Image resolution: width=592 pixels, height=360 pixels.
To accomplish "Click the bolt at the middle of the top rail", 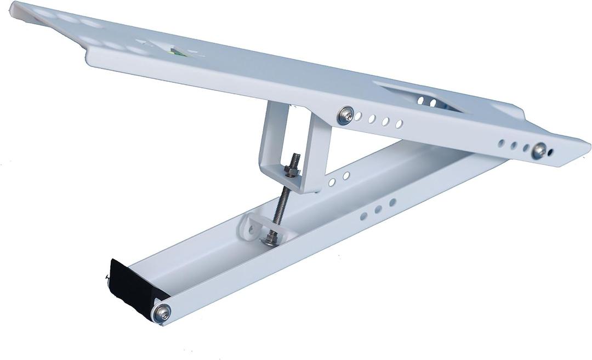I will click(345, 115).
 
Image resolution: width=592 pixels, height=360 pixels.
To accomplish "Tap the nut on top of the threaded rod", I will click(292, 170).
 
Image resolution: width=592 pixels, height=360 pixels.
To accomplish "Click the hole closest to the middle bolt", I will click(358, 117).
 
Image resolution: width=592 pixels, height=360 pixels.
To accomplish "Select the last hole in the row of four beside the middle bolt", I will click(399, 124).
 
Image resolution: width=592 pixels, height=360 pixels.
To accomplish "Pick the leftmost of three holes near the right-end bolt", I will click(501, 143).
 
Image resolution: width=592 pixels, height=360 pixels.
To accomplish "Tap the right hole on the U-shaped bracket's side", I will click(346, 175).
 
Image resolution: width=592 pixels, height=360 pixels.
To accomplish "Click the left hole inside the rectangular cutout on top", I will click(420, 100).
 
